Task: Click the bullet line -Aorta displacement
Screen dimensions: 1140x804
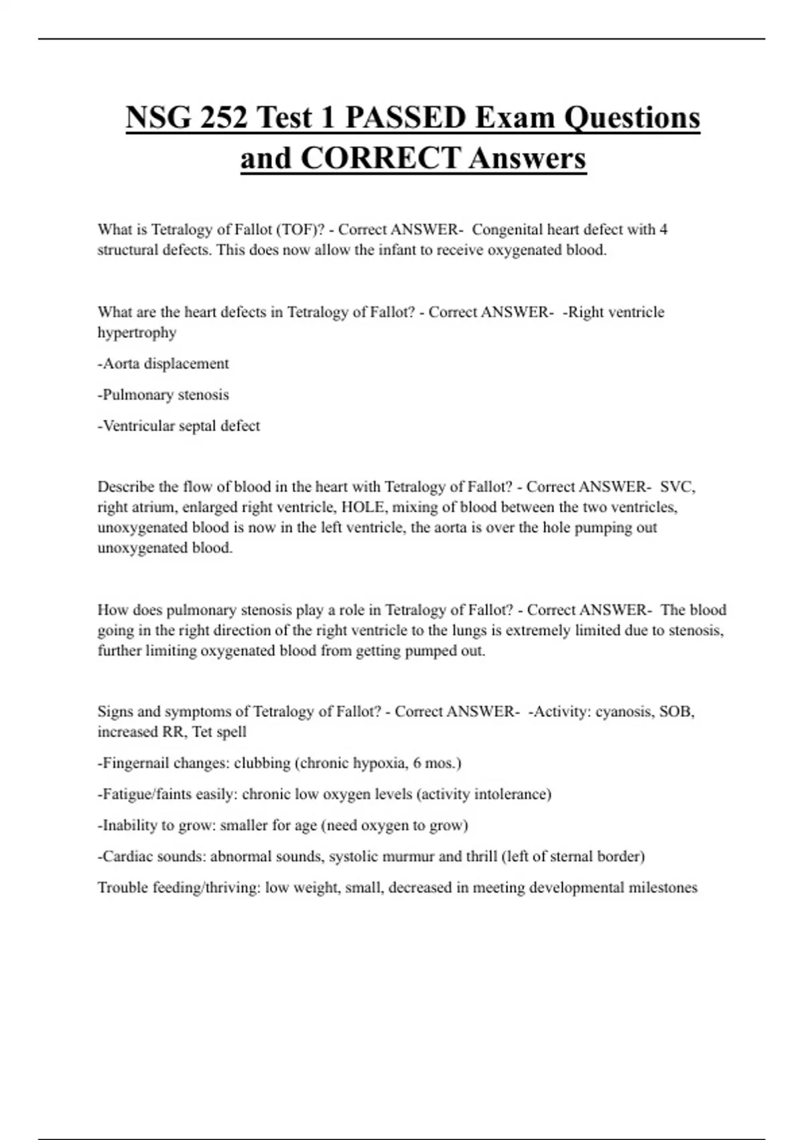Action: tap(163, 363)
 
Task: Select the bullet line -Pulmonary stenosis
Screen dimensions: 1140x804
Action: tap(163, 394)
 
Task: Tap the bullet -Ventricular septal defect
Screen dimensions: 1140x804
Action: tap(179, 426)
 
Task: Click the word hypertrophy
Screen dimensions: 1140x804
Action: tap(137, 333)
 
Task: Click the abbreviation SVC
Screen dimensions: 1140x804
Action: tap(677, 486)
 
